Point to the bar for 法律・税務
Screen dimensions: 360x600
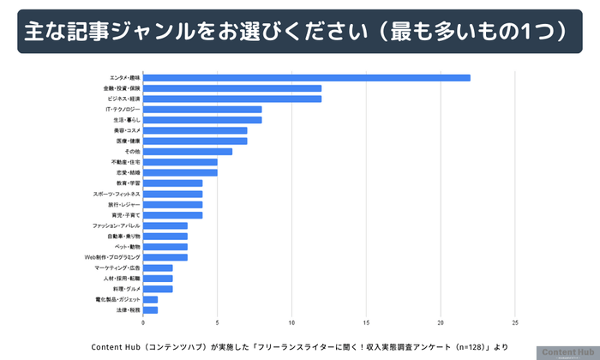150,309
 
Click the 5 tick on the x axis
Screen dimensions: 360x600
218,323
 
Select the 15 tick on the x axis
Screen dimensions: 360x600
367,323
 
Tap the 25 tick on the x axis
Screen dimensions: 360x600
515,323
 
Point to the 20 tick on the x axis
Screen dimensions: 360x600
441,323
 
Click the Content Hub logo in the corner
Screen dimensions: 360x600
567,352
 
